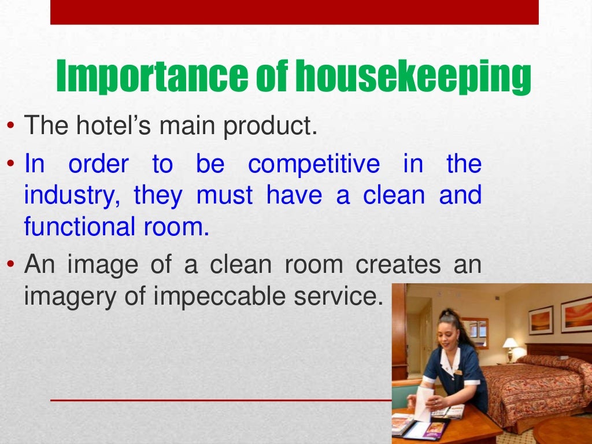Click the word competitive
314,165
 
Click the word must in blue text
224,196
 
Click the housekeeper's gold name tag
458,372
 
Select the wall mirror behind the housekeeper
474,332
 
